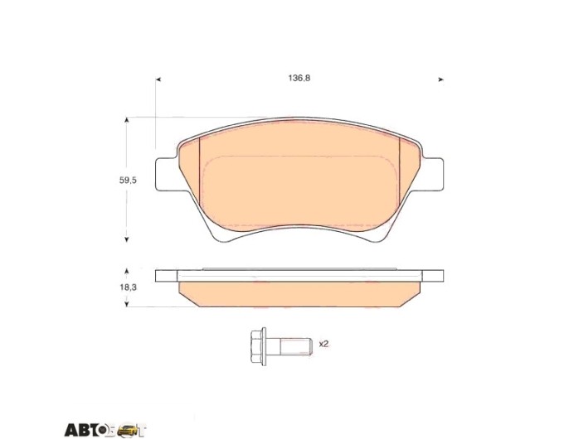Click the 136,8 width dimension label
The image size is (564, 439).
[299, 78]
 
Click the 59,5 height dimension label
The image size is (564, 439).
[128, 181]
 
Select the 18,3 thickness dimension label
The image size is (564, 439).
[128, 287]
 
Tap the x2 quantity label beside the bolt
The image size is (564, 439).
[323, 344]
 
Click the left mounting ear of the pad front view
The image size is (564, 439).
[167, 174]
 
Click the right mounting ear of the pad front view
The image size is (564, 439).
[433, 174]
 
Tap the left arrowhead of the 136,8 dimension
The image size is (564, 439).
[158, 80]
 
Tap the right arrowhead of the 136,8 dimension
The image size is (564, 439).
[441, 80]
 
